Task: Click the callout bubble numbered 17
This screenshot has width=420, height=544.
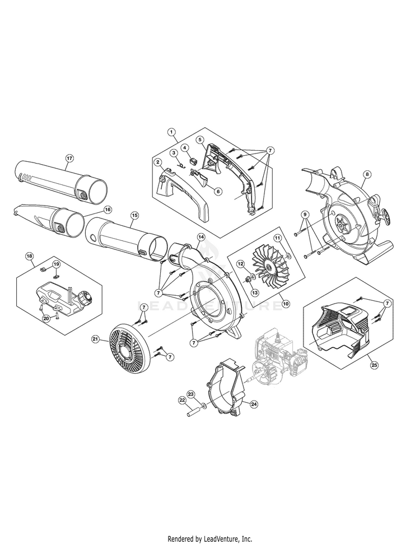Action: coord(69,158)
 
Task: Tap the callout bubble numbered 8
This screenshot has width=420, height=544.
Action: coord(367,174)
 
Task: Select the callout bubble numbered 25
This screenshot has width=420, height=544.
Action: coord(375,365)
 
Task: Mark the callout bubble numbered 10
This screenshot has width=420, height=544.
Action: coord(286,304)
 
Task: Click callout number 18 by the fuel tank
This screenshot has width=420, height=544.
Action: coord(30,256)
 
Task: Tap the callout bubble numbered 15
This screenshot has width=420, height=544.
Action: coord(134,216)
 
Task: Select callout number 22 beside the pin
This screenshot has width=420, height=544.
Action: coord(182,400)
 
